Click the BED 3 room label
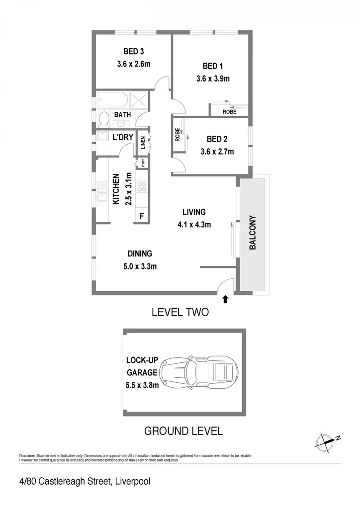pos(133,51)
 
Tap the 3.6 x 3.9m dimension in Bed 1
pos(213,79)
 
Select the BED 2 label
pos(217,139)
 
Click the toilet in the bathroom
pos(104,118)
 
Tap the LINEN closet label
pos(143,143)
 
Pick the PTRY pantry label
pos(143,163)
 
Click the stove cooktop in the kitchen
pos(142,186)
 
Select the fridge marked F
pos(142,216)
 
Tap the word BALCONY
pos(253,233)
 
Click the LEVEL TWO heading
pos(180,312)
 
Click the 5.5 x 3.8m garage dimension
pos(142,385)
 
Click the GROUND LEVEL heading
pos(183,431)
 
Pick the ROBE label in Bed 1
pos(230,112)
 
